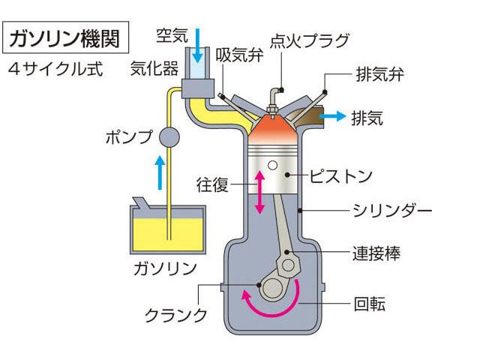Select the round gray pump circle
170,136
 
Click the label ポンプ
127,137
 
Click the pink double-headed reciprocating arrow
259,190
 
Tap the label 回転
370,305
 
